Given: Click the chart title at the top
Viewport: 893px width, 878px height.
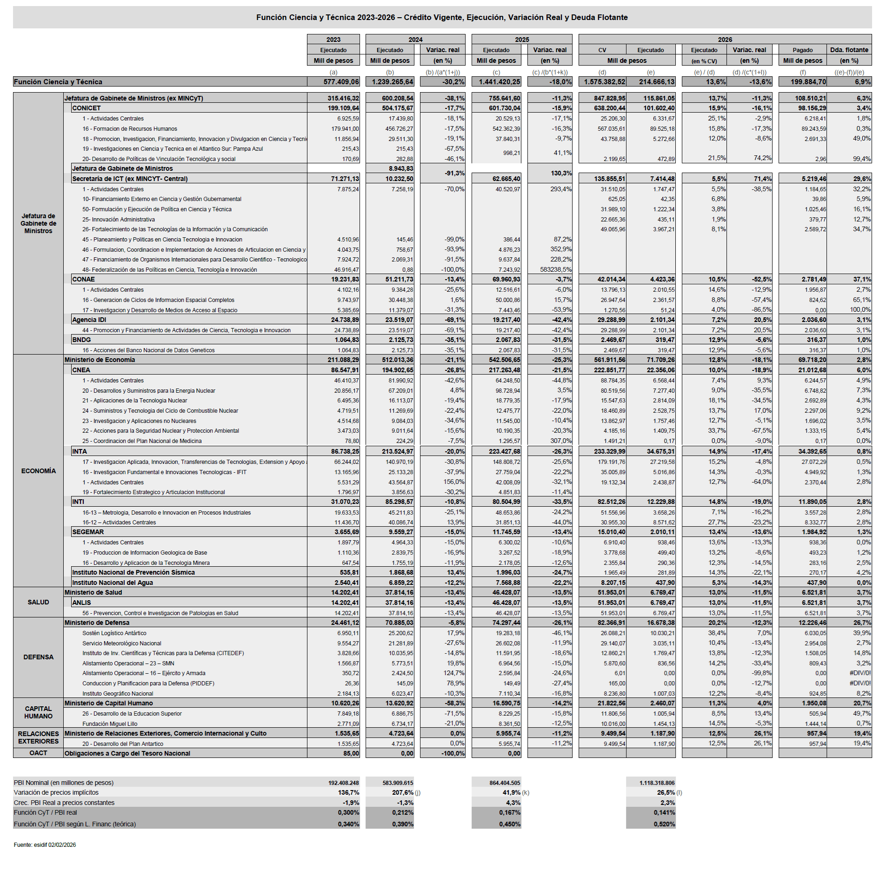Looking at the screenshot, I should pos(442,18).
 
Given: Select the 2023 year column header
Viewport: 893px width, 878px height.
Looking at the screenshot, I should pos(333,40).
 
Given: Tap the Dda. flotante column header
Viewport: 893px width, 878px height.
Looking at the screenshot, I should pos(849,50).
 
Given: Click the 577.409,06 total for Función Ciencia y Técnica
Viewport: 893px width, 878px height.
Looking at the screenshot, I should pos(341,82).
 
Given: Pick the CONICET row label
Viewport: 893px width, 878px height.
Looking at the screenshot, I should pos(87,108).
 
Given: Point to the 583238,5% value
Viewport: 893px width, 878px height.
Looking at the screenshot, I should pos(556,270).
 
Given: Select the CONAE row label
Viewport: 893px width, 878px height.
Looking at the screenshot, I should pos(84,280).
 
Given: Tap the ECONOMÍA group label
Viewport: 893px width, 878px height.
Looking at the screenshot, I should pos(38,471).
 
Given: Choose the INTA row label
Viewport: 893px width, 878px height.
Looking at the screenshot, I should pos(80,452).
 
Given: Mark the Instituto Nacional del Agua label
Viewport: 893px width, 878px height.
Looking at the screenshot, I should pos(113,583).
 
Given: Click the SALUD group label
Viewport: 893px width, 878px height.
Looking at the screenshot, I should pos(38,603).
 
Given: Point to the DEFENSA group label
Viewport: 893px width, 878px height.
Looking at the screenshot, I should pos(38,657).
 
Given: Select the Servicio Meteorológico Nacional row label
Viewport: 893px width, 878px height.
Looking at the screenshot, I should pos(122,643).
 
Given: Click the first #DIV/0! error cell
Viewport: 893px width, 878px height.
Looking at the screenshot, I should pos(860,673).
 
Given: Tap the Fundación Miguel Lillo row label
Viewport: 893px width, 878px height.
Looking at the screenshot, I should pos(110,724).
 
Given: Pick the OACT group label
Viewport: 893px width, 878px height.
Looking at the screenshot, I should pos(38,753).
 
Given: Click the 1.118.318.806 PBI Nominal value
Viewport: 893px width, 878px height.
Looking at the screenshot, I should pos(657,783).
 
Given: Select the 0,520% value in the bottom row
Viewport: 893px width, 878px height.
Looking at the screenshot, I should pos(664,824).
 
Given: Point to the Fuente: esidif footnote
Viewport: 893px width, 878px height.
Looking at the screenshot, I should pos(45,845).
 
